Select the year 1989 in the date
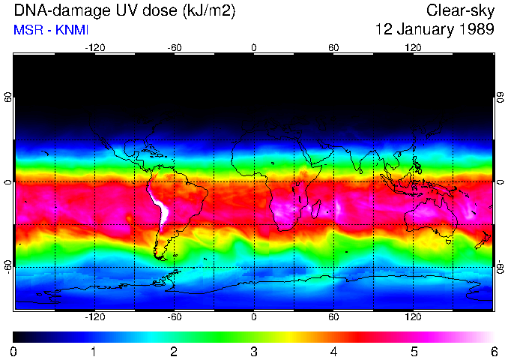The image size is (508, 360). pyautogui.click(x=475, y=29)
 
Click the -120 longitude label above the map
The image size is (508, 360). pyautogui.click(x=94, y=47)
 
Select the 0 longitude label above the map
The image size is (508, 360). pyautogui.click(x=254, y=47)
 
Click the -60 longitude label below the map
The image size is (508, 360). pyautogui.click(x=174, y=317)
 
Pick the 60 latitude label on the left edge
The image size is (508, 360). pyautogui.click(x=8, y=97)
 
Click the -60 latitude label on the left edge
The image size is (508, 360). pyautogui.click(x=8, y=266)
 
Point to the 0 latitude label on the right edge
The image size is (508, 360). pyautogui.click(x=500, y=182)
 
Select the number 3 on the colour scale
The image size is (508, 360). pyautogui.click(x=253, y=351)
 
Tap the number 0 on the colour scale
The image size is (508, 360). pyautogui.click(x=14, y=351)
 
